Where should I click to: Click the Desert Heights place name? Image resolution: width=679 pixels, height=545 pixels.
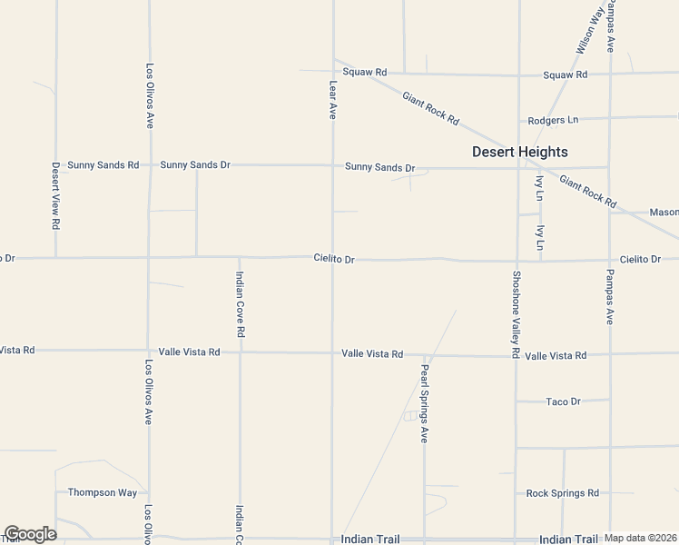(x=520, y=152)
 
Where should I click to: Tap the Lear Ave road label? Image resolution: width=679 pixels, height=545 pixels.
(x=333, y=101)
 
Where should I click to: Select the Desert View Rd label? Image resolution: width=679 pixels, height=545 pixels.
(x=55, y=195)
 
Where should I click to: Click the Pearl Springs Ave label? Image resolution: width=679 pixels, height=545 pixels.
(x=424, y=404)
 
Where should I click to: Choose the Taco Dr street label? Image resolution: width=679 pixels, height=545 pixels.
(x=563, y=401)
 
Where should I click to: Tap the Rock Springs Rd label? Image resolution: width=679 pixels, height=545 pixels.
(x=563, y=493)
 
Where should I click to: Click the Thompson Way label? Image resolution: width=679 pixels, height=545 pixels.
(x=103, y=492)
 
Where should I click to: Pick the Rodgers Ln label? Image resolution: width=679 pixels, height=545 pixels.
(x=553, y=120)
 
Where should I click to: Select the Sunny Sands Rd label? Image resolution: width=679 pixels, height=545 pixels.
(x=103, y=165)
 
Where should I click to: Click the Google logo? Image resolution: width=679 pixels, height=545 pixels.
(x=29, y=534)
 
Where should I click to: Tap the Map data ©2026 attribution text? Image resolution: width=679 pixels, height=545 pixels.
(x=641, y=538)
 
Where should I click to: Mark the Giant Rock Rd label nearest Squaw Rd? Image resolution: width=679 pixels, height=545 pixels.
(x=431, y=109)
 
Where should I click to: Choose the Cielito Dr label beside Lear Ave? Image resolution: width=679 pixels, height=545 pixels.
(x=334, y=259)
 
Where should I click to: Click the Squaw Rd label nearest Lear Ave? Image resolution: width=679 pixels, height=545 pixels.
(x=365, y=72)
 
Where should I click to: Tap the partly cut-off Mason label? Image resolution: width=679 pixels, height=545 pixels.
(x=664, y=213)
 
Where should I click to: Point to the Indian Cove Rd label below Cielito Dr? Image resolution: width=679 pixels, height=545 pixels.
(x=241, y=310)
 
